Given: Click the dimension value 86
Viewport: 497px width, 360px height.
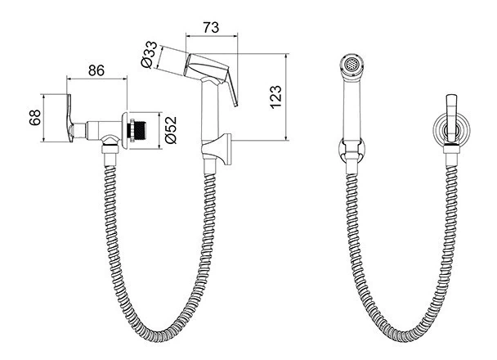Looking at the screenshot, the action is click(x=96, y=70).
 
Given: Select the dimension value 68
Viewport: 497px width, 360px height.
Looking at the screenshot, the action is click(x=35, y=117).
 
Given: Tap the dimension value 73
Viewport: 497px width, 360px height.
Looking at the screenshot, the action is click(x=211, y=28).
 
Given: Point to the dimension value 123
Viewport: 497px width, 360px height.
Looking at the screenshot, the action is click(x=276, y=97).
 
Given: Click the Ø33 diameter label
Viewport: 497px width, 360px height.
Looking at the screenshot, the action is click(x=150, y=54).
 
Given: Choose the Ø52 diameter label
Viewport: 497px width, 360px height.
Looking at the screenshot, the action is click(x=171, y=130).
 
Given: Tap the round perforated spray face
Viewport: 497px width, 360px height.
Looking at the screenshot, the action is click(x=351, y=65).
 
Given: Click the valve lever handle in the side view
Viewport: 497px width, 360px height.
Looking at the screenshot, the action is click(x=69, y=117).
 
